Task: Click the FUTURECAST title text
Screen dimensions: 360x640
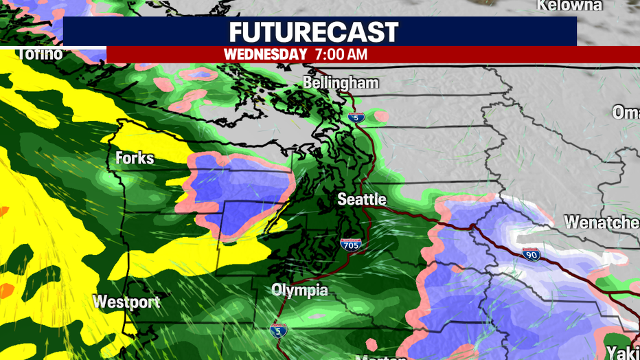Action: (313, 32)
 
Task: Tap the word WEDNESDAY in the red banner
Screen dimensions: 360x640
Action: (265, 54)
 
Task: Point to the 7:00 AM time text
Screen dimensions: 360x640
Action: (341, 54)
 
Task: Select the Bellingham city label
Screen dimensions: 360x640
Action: (341, 83)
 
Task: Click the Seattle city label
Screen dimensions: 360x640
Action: (362, 200)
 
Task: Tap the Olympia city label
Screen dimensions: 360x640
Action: (299, 291)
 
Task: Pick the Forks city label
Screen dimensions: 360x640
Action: (135, 158)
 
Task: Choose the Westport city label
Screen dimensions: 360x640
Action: (126, 302)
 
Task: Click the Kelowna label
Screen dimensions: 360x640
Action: (569, 6)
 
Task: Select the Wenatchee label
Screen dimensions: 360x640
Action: (602, 223)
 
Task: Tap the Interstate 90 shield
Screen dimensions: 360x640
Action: (531, 254)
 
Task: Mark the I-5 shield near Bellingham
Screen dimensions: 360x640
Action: (355, 117)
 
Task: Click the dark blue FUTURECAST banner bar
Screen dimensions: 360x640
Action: (137, 32)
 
